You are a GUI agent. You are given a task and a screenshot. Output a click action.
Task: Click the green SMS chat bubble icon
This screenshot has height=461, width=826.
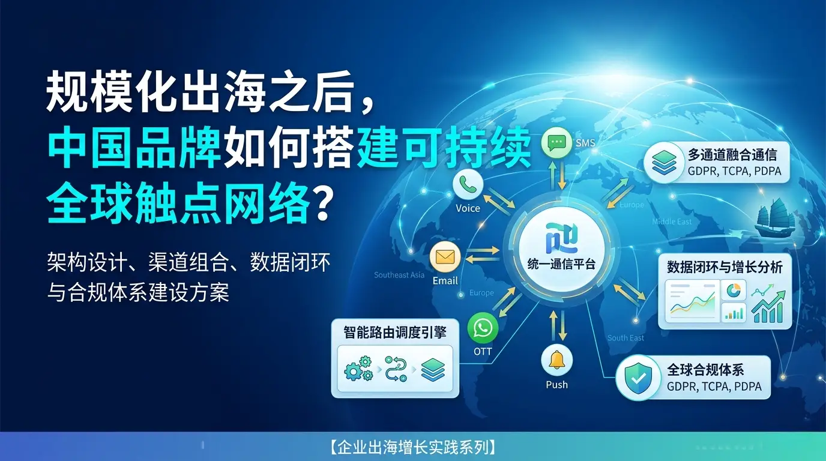(x=557, y=143)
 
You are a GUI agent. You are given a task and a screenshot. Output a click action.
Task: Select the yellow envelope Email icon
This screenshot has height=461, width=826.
(x=445, y=258)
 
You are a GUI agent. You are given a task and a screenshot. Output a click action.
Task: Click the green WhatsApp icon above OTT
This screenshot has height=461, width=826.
(x=483, y=328)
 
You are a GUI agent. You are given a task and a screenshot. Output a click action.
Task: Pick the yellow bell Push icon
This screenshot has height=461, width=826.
(x=556, y=360)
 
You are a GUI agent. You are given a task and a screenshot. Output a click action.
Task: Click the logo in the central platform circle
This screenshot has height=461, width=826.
(x=561, y=239)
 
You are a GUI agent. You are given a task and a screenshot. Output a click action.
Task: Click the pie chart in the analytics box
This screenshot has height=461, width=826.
(x=734, y=291)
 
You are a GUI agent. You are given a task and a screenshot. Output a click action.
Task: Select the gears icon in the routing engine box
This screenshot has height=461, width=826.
(x=358, y=369)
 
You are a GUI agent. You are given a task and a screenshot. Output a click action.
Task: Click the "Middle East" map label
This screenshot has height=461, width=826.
(x=672, y=221)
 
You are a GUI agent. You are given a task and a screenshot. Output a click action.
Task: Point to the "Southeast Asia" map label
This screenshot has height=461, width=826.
(x=399, y=275)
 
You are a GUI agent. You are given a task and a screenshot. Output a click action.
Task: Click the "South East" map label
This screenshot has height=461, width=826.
(x=626, y=338)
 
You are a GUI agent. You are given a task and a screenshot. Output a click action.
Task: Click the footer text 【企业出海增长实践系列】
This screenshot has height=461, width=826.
(x=413, y=447)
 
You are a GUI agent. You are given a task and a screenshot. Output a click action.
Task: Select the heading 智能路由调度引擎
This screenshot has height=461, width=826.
(x=394, y=332)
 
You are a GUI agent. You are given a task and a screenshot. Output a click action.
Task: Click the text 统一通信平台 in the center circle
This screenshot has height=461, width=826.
(x=561, y=264)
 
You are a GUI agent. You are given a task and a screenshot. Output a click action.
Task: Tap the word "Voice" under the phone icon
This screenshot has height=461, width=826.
(x=468, y=208)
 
